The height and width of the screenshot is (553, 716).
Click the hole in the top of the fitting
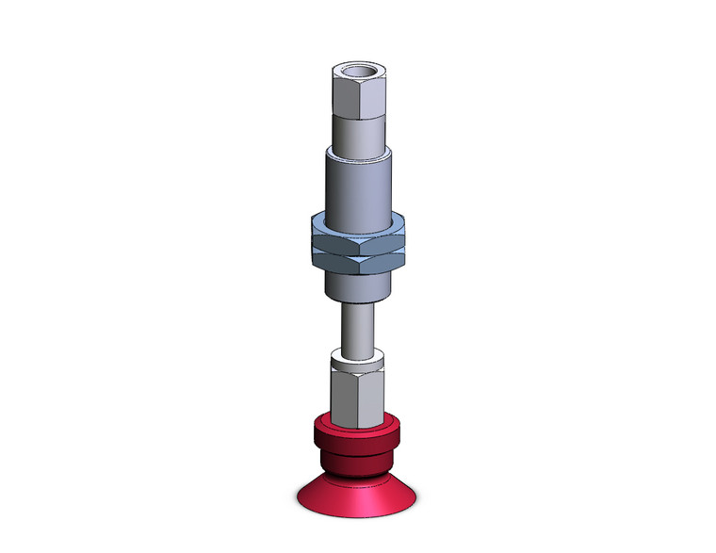pos(358,72)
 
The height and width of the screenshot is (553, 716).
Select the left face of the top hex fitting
pos(346,94)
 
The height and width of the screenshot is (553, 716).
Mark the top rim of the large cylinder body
pos(358,152)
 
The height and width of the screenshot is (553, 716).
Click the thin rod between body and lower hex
pos(358,325)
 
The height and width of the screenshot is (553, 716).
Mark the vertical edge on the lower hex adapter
pos(359,396)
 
